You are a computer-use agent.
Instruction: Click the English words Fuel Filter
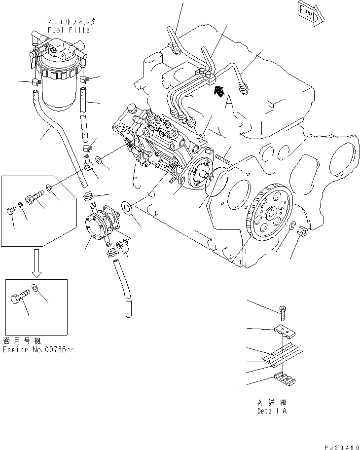(71, 31)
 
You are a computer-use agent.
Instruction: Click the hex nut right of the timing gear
(302, 231)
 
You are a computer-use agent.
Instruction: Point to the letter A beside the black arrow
(228, 102)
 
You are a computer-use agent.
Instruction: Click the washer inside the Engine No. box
(36, 289)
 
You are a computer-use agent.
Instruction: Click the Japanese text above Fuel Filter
(71, 22)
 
